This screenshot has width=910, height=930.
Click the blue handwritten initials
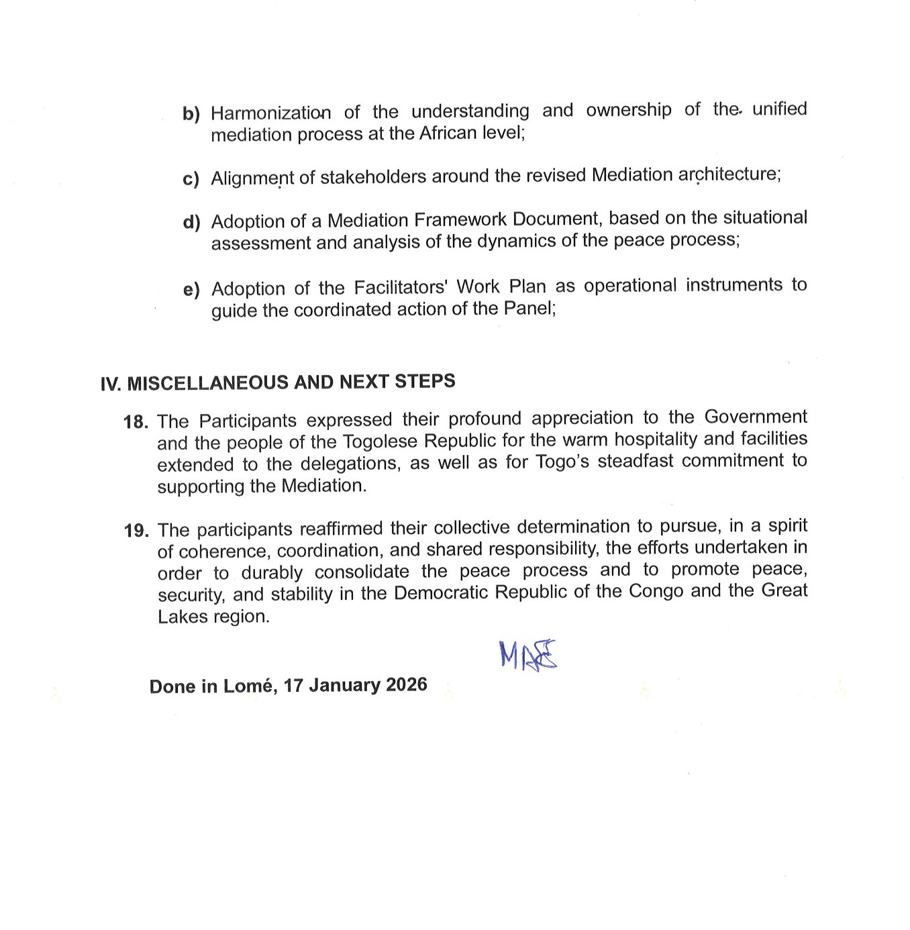point(528,655)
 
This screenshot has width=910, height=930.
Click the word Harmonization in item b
point(270,113)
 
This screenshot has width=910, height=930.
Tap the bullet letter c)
point(191,179)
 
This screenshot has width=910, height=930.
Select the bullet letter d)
point(191,222)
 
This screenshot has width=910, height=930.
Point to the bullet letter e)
point(191,290)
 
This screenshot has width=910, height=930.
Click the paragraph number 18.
point(136,422)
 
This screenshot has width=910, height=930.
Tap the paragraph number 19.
point(136,531)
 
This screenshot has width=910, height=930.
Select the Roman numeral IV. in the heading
point(110,384)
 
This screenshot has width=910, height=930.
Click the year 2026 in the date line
point(406,684)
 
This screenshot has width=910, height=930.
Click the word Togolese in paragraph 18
point(379,442)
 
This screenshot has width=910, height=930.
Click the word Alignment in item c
point(252,178)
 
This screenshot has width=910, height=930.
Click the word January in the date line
point(344,685)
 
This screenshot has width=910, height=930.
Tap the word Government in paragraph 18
point(756,417)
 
